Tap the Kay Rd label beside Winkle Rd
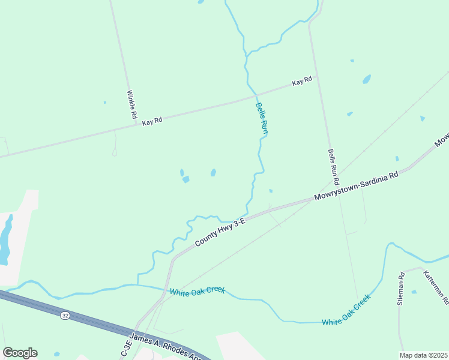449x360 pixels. point(152,121)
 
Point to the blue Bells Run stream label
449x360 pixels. point(261,117)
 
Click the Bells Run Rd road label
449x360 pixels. point(333,167)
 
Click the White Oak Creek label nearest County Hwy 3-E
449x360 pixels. point(197,291)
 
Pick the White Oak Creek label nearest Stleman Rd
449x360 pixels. point(346,311)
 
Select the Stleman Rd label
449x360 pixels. point(400,289)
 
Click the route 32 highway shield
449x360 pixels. point(64,315)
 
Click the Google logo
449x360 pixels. point(20,353)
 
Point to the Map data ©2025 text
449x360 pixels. point(423,355)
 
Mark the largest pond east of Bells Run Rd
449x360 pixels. point(366,79)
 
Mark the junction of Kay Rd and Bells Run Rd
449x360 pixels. point(316,76)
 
